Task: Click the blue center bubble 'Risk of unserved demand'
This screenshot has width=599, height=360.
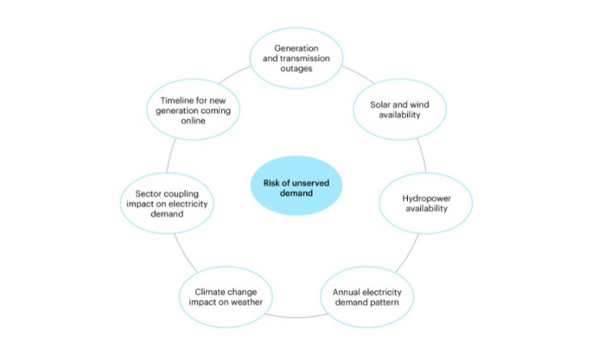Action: (296, 186)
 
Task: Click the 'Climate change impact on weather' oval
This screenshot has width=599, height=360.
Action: (221, 297)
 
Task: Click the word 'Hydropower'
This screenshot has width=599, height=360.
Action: (427, 197)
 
